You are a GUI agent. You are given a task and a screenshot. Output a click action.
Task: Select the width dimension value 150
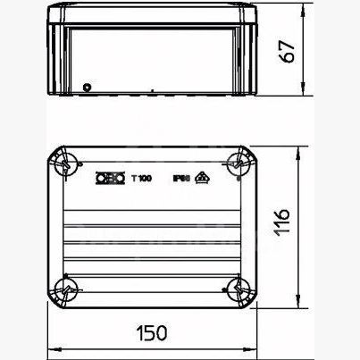[154, 333]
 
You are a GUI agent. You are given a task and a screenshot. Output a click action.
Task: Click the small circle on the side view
[87, 87]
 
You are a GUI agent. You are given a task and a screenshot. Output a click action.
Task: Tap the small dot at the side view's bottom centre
[155, 90]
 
